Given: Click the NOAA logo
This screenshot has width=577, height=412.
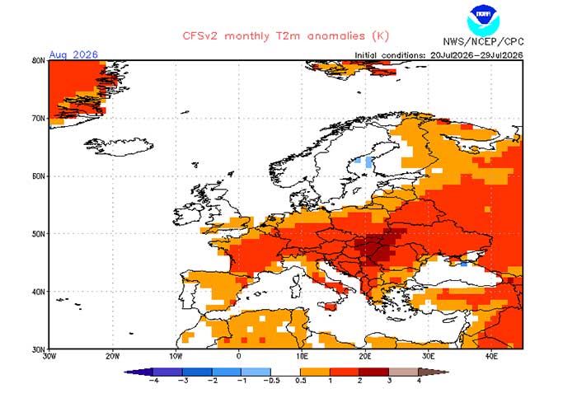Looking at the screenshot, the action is tap(483, 20).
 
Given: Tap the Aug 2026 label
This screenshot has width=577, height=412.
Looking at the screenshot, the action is tap(73, 55).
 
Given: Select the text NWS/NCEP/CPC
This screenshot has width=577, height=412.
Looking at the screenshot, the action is tap(483, 41).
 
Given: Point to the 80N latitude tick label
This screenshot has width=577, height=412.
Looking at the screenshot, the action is tap(38, 60).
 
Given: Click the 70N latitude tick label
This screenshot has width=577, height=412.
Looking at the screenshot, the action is tap(38, 119).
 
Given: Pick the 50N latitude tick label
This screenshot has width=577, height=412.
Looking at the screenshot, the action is tap(38, 234).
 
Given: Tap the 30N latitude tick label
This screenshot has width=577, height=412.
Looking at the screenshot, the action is tap(38, 349).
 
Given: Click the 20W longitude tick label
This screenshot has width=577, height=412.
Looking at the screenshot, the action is tap(112, 356).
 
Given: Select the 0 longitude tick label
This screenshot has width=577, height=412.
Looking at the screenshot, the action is tap(239, 356).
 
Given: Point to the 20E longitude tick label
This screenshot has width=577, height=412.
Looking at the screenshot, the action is tap(365, 356).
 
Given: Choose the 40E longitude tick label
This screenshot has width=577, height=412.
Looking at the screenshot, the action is tap(491, 356).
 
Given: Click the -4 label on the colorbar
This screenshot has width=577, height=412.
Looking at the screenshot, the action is tap(154, 381).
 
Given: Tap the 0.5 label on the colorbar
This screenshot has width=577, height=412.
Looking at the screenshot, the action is tap(301, 381).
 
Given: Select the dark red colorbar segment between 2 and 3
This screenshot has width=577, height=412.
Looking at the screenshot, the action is tap(374, 372).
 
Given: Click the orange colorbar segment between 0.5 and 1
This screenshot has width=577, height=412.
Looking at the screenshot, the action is tap(315, 372).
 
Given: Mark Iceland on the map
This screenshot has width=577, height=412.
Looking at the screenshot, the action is tap(120, 147).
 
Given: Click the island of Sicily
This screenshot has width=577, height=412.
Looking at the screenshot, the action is tap(331, 306).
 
